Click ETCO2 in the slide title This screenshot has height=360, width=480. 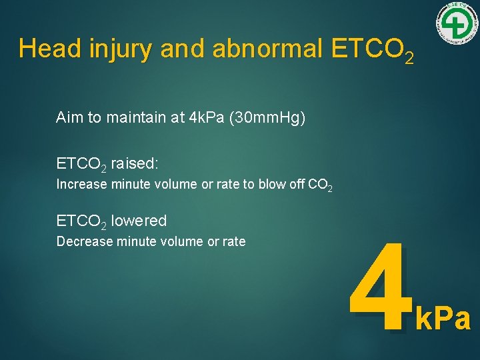tap(369, 50)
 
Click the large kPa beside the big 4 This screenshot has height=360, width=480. tap(443, 319)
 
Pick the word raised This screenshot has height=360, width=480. tap(134, 163)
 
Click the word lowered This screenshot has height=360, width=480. tap(139, 221)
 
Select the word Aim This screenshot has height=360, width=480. tap(70, 118)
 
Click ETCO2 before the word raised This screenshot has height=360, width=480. tap(81, 164)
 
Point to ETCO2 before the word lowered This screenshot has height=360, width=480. tap(81, 221)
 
